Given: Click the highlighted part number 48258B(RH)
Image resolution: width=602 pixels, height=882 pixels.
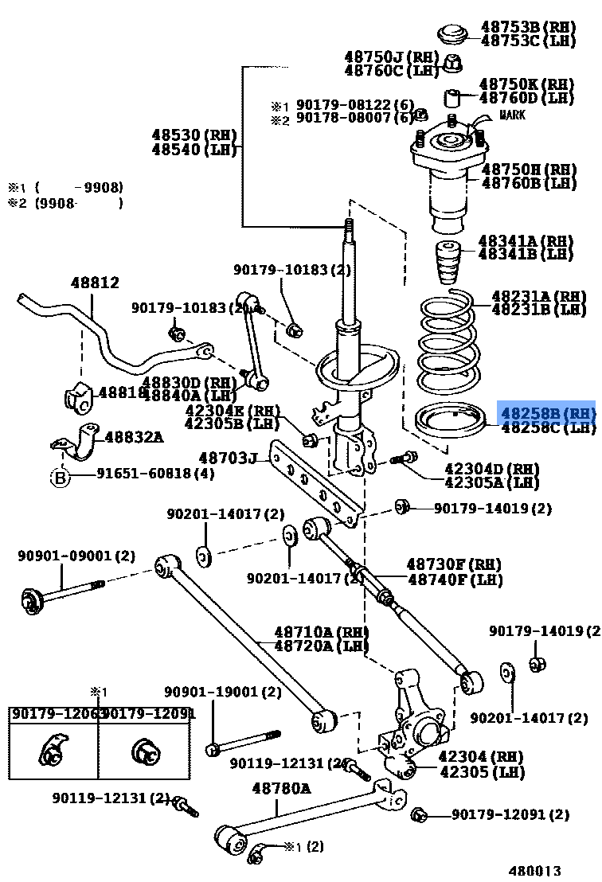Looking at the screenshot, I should click(x=546, y=413).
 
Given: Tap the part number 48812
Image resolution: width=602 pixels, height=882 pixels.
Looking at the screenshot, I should click(x=94, y=283).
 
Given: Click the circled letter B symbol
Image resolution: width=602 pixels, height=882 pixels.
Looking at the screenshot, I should click(x=60, y=477).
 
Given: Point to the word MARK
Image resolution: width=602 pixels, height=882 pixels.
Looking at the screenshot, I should click(x=513, y=115).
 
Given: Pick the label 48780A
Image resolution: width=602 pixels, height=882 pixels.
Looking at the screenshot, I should click(x=281, y=789).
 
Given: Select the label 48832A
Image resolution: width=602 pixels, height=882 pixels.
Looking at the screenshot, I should click(x=134, y=436).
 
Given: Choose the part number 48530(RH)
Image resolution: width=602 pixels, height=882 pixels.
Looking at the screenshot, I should click(x=190, y=135).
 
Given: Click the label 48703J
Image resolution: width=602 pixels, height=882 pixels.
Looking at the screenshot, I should click(x=229, y=458).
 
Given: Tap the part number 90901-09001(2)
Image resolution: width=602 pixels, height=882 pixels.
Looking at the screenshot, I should click(x=76, y=556).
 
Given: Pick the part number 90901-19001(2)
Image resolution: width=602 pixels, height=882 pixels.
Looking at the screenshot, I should click(x=223, y=693).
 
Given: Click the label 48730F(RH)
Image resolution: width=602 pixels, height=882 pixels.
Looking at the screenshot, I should click(x=454, y=565).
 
